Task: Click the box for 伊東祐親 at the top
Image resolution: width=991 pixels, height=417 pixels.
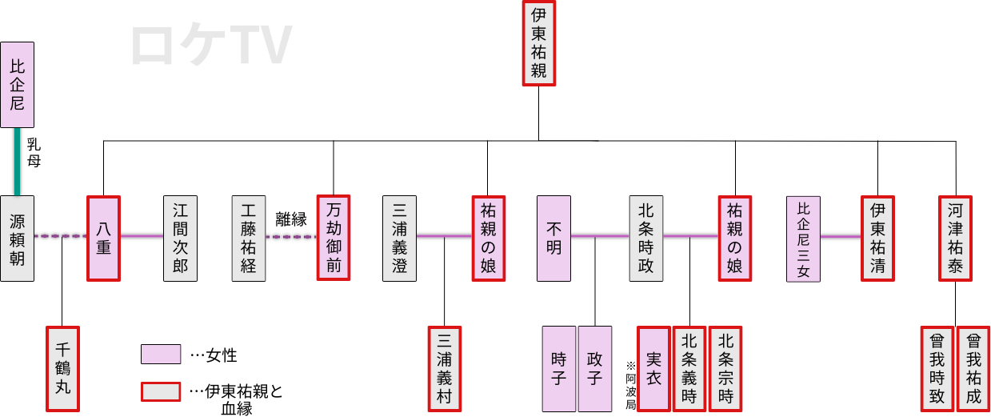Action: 538,43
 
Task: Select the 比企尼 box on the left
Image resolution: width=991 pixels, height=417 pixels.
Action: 18,85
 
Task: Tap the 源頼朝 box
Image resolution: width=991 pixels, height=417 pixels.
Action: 18,238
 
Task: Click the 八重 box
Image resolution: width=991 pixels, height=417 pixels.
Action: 103,238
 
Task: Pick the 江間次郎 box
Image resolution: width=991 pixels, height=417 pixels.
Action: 180,238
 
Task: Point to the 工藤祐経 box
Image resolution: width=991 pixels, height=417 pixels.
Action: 248,238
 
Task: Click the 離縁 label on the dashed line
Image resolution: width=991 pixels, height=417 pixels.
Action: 291,220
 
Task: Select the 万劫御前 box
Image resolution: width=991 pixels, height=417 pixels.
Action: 334,238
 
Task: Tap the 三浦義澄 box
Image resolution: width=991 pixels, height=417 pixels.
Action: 399,238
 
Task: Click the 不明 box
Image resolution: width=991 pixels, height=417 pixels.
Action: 553,238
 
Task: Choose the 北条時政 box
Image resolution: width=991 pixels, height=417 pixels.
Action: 645,238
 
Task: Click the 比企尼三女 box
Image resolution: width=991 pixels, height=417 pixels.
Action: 803,239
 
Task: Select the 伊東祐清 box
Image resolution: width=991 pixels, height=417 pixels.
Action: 877,238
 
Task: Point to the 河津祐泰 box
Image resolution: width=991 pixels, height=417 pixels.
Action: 956,238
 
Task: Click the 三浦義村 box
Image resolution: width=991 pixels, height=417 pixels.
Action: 445,368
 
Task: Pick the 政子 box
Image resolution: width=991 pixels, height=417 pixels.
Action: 594,368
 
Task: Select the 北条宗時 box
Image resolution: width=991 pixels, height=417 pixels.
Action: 725,368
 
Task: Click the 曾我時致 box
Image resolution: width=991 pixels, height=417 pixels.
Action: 937,368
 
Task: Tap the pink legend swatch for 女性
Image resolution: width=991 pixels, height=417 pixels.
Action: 161,355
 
